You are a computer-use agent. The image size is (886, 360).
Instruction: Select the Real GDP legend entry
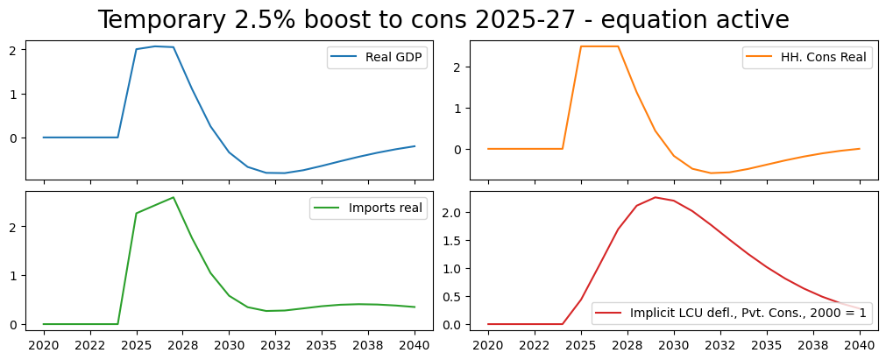tap(377, 59)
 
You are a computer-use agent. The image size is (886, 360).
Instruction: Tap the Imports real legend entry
tap(367, 208)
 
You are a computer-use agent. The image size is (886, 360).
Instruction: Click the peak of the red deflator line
tap(656, 197)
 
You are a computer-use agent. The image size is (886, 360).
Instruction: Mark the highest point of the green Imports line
tap(174, 197)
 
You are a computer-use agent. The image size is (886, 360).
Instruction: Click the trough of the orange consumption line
tap(712, 173)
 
